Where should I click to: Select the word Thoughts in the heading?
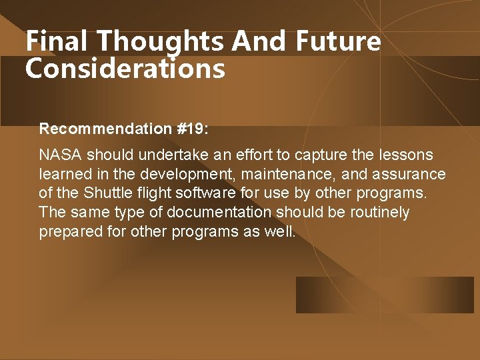(161, 41)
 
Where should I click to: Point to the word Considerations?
(125, 68)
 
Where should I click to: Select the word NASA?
(61, 155)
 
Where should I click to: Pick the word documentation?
(219, 213)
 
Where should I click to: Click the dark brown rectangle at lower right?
(384, 295)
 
